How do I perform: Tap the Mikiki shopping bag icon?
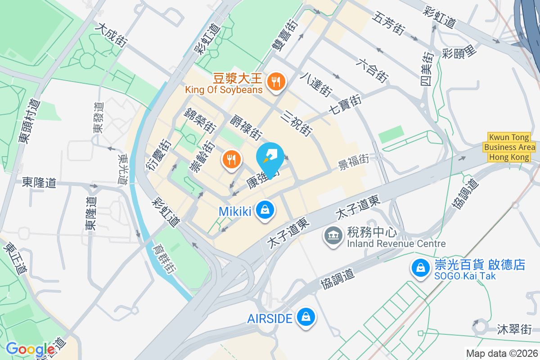(265, 210)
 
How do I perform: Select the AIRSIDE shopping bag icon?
(306, 317)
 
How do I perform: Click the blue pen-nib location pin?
(271, 157)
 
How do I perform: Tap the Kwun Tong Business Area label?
(509, 147)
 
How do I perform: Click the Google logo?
(30, 349)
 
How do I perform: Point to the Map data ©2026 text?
(501, 353)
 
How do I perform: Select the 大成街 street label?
(111, 35)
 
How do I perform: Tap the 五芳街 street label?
(387, 23)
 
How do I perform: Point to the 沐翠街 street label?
(514, 329)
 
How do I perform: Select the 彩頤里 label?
(459, 52)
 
